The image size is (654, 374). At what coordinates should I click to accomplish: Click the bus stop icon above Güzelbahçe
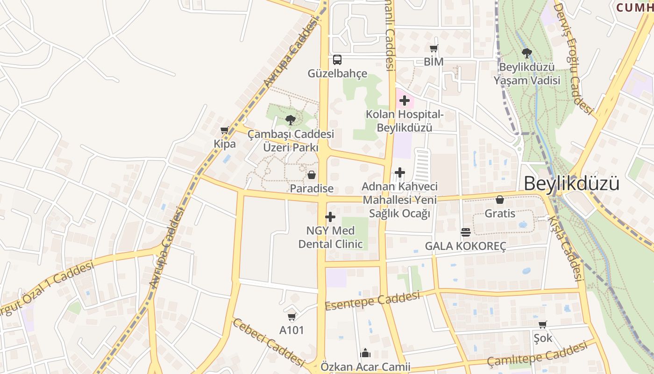pyautogui.click(x=337, y=60)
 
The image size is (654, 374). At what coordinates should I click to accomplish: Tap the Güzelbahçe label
pyautogui.click(x=337, y=74)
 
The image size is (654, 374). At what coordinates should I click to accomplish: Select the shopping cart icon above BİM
pyautogui.click(x=434, y=48)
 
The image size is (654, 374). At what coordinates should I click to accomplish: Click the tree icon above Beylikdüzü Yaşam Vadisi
pyautogui.click(x=527, y=53)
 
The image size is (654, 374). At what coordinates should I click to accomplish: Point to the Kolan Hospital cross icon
pyautogui.click(x=405, y=101)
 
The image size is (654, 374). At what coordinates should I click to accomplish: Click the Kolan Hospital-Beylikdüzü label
pyautogui.click(x=405, y=121)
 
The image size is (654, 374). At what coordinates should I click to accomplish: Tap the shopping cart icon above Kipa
pyautogui.click(x=225, y=130)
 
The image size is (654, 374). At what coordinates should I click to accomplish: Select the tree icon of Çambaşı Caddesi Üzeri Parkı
pyautogui.click(x=291, y=120)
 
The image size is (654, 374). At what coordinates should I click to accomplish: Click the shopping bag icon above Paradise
pyautogui.click(x=312, y=175)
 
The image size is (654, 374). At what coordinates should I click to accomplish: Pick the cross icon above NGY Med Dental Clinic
pyautogui.click(x=330, y=217)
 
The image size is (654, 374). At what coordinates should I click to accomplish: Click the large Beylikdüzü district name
pyautogui.click(x=571, y=183)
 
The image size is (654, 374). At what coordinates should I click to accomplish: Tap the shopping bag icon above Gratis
pyautogui.click(x=500, y=200)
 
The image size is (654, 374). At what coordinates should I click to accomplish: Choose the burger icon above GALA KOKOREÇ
pyautogui.click(x=465, y=232)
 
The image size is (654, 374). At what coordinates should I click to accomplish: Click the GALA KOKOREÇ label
pyautogui.click(x=465, y=246)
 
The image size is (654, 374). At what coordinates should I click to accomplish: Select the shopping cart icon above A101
pyautogui.click(x=292, y=317)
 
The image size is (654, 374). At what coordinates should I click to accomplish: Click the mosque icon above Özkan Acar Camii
pyautogui.click(x=365, y=353)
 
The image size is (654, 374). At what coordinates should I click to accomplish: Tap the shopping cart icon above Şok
pyautogui.click(x=542, y=324)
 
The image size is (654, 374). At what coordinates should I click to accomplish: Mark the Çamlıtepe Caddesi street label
pyautogui.click(x=537, y=354)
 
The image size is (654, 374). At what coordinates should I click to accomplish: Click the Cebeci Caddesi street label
pyautogui.click(x=269, y=342)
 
